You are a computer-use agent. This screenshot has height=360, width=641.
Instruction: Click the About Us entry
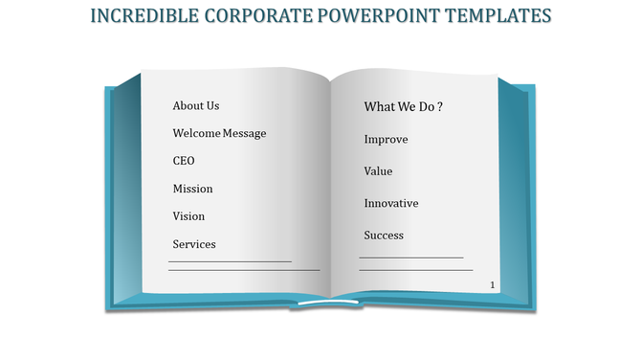[x=196, y=106]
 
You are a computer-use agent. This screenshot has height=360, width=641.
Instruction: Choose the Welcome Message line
[x=219, y=133]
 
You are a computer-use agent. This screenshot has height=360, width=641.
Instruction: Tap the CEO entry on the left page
[x=184, y=161]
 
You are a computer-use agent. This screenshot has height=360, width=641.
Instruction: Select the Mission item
[x=192, y=189]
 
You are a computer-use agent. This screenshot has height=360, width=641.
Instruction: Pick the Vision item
[x=188, y=216]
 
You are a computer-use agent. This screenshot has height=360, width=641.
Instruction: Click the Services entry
[x=194, y=244]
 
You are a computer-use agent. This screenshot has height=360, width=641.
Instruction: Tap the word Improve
[x=386, y=140]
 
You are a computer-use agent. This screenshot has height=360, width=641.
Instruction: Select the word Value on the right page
[x=378, y=171]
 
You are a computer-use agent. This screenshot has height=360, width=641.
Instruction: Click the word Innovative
[x=391, y=204]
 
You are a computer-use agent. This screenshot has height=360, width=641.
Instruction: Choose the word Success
[x=384, y=236]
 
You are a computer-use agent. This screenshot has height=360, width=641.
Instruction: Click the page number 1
[x=492, y=285]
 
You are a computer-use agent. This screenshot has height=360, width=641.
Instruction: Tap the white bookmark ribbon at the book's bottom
[x=328, y=304]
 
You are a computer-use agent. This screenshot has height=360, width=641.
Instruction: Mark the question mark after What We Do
[x=439, y=107]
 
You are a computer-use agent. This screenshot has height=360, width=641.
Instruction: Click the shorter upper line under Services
[x=230, y=260]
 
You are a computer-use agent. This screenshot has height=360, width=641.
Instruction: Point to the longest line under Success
[x=415, y=270]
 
